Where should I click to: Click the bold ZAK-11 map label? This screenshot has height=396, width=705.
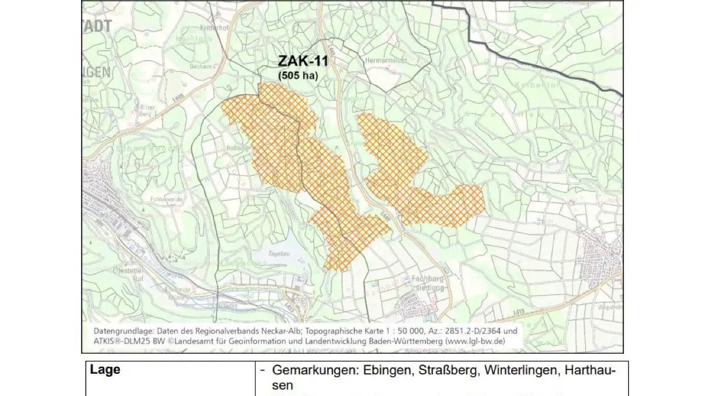click(x=303, y=61)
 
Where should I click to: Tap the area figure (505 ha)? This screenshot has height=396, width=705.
click(x=302, y=75)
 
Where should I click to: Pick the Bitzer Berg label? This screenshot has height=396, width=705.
click(x=146, y=111)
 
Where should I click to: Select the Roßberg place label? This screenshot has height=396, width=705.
click(x=236, y=148)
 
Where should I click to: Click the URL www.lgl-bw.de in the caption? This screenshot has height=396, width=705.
click(x=474, y=341)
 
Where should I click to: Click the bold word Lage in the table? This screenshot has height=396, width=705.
click(x=105, y=370)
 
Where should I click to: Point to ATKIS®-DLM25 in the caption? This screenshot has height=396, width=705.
click(x=122, y=341)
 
